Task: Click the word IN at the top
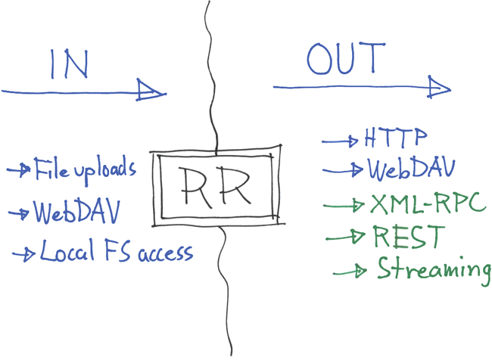tap(70, 64)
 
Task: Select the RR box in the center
tap(216, 188)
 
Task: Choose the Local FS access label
tap(116, 251)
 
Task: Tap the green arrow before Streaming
tap(352, 271)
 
